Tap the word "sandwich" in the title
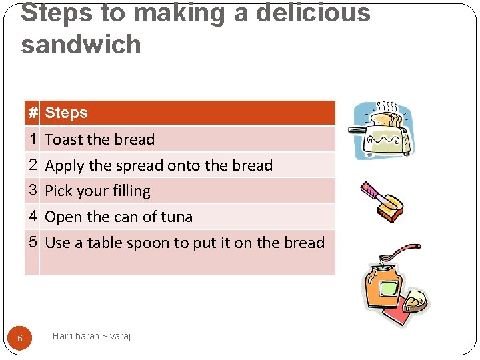pyautogui.click(x=81, y=45)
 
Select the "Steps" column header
pyautogui.click(x=66, y=113)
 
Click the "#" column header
pyautogui.click(x=33, y=113)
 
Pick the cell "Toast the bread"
pyautogui.click(x=100, y=139)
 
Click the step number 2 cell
pyautogui.click(x=33, y=165)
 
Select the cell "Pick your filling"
pyautogui.click(x=98, y=191)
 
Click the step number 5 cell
pyautogui.click(x=33, y=242)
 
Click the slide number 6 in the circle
pyautogui.click(x=19, y=338)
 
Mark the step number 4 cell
pyautogui.click(x=33, y=216)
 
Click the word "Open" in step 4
pyautogui.click(x=63, y=217)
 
